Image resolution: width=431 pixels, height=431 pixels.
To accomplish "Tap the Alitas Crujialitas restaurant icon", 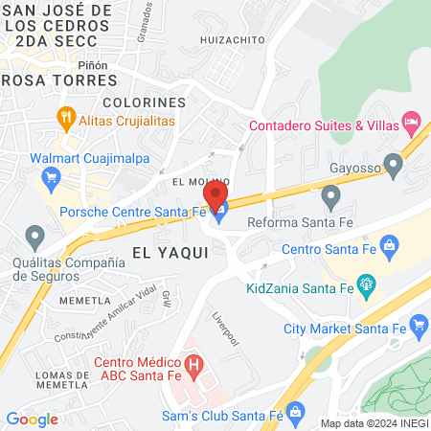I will pos(66,120).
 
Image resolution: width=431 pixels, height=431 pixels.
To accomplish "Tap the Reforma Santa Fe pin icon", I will pos(331,198).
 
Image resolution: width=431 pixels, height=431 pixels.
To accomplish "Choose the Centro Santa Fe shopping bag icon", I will pos(389,248).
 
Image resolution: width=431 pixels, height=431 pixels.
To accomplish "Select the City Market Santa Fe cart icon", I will pos(419,328).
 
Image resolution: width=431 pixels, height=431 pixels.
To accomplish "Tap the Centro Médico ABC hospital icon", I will pos(194,365).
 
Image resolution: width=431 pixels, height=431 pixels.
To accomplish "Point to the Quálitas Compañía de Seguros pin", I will pos(35,235).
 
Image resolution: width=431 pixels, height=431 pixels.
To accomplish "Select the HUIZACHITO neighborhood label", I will pos(232,39).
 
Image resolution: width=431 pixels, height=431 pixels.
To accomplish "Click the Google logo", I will pos(32,419).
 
